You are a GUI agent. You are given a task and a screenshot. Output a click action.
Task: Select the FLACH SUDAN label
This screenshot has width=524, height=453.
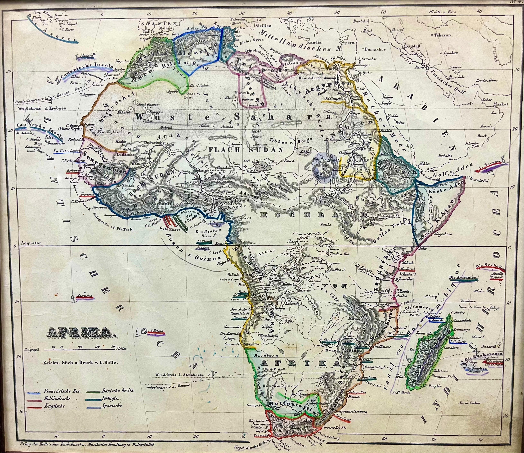click(x=245, y=150)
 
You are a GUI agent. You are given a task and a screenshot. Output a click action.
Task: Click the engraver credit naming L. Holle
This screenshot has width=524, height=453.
click(x=81, y=362)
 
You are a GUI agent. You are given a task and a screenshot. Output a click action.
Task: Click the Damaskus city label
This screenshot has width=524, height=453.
click(x=376, y=49)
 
